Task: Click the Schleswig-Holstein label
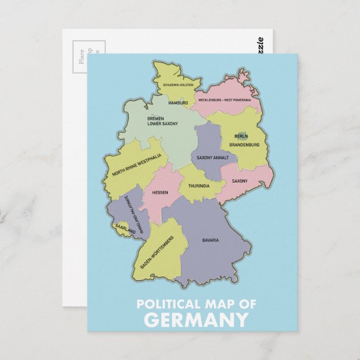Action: [x=178, y=85]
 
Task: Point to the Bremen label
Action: [x=155, y=119]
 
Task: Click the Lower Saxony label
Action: [x=163, y=124]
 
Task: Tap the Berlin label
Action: [x=241, y=136]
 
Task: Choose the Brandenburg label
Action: [x=244, y=145]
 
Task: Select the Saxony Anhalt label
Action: [x=212, y=158]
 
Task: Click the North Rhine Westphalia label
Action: [x=136, y=165]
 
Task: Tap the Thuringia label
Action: [x=198, y=186]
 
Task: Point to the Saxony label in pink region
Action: [x=239, y=181]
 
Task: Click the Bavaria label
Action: [x=210, y=240]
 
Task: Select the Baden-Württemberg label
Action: [x=157, y=252]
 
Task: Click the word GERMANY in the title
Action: [x=196, y=320]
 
